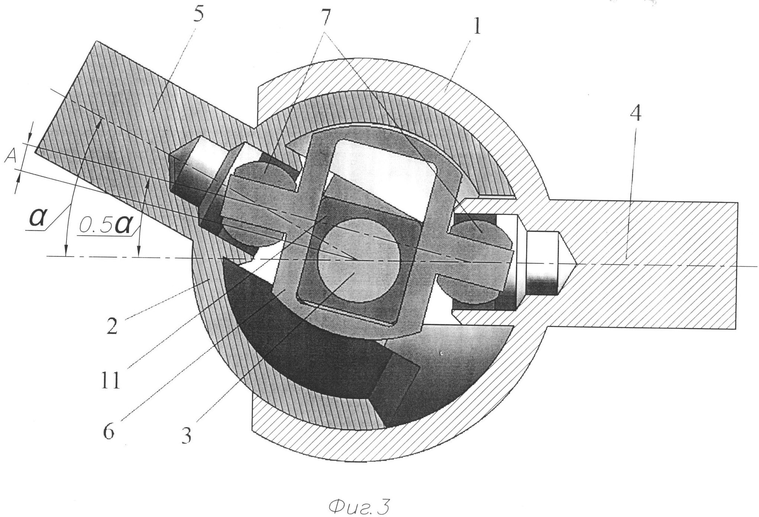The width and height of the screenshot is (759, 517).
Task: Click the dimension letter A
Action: (10, 158)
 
